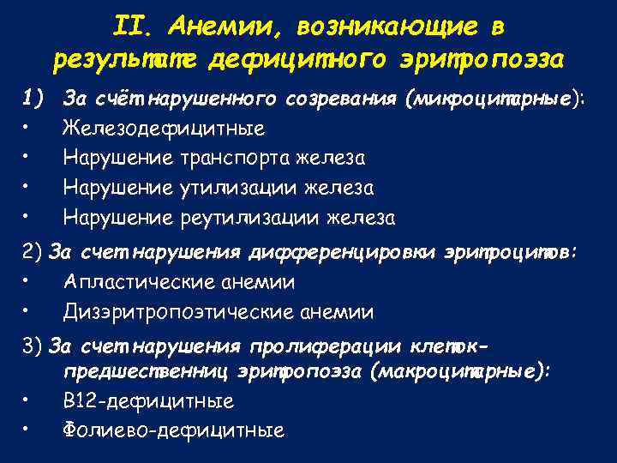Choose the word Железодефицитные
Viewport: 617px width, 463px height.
point(164,129)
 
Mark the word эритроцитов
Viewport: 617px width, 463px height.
point(512,253)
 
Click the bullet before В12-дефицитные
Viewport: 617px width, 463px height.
point(28,400)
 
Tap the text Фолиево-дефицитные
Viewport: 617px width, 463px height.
point(174,430)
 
